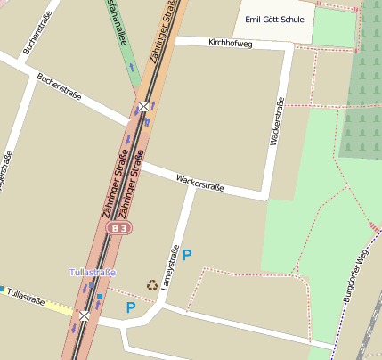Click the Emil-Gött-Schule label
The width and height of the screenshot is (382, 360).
point(276,19)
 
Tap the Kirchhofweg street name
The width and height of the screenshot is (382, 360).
point(230,43)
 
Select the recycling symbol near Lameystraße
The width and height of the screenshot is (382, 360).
point(152,286)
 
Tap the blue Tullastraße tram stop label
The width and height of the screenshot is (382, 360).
point(93,271)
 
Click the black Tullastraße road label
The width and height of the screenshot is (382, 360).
point(24,298)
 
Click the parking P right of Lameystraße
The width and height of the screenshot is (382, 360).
point(187,255)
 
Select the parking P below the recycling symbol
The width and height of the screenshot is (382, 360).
point(131,308)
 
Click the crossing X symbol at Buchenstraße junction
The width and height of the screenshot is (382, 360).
point(143,107)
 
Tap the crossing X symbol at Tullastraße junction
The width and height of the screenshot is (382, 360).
point(84,315)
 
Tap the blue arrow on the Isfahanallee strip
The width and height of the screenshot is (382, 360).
point(132,67)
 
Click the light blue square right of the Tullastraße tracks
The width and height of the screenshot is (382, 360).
point(100,296)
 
